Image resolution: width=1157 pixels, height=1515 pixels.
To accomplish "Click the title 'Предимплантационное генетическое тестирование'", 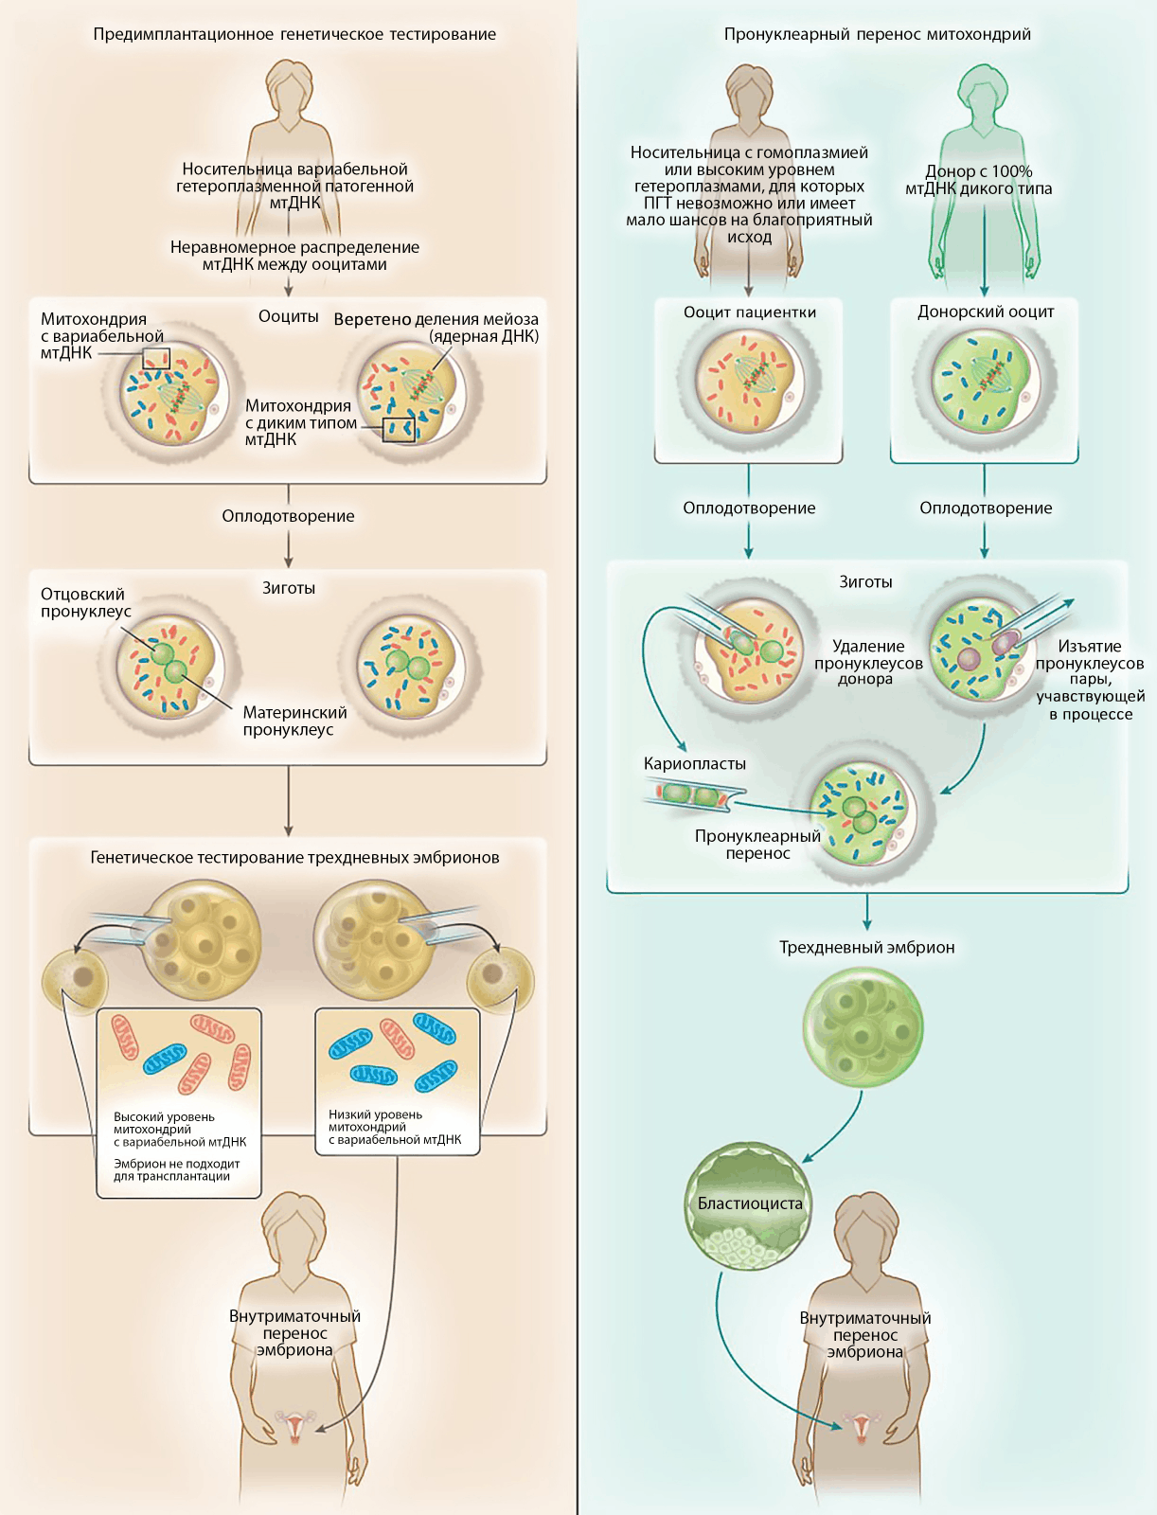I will click(294, 34).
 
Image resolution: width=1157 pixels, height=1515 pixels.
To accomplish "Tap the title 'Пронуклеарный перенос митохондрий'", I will click(877, 34).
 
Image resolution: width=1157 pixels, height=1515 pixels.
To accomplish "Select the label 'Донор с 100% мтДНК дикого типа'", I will click(978, 180).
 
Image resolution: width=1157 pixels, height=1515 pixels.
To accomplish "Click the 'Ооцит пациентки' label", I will click(749, 312).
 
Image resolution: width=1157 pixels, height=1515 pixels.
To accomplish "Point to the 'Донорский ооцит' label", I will click(985, 312).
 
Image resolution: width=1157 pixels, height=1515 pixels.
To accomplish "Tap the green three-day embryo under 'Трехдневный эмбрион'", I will click(863, 1026).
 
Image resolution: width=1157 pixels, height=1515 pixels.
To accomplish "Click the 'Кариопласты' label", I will click(694, 763).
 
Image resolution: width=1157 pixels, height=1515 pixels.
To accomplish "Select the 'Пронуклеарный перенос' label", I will click(757, 845).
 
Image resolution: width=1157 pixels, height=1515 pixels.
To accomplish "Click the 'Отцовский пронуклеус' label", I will click(83, 602).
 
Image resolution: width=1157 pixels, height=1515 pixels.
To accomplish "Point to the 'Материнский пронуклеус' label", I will click(294, 721).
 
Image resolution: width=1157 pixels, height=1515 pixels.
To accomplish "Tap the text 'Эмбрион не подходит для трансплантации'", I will click(176, 1170).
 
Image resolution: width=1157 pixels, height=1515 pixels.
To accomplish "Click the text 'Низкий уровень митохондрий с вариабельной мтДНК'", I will click(395, 1127).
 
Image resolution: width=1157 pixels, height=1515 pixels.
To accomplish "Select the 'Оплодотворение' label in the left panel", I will click(288, 516).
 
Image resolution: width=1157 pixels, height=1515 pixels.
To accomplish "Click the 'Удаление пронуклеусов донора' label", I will click(867, 662).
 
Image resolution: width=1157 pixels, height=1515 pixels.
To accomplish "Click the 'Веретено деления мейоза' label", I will click(436, 320).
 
